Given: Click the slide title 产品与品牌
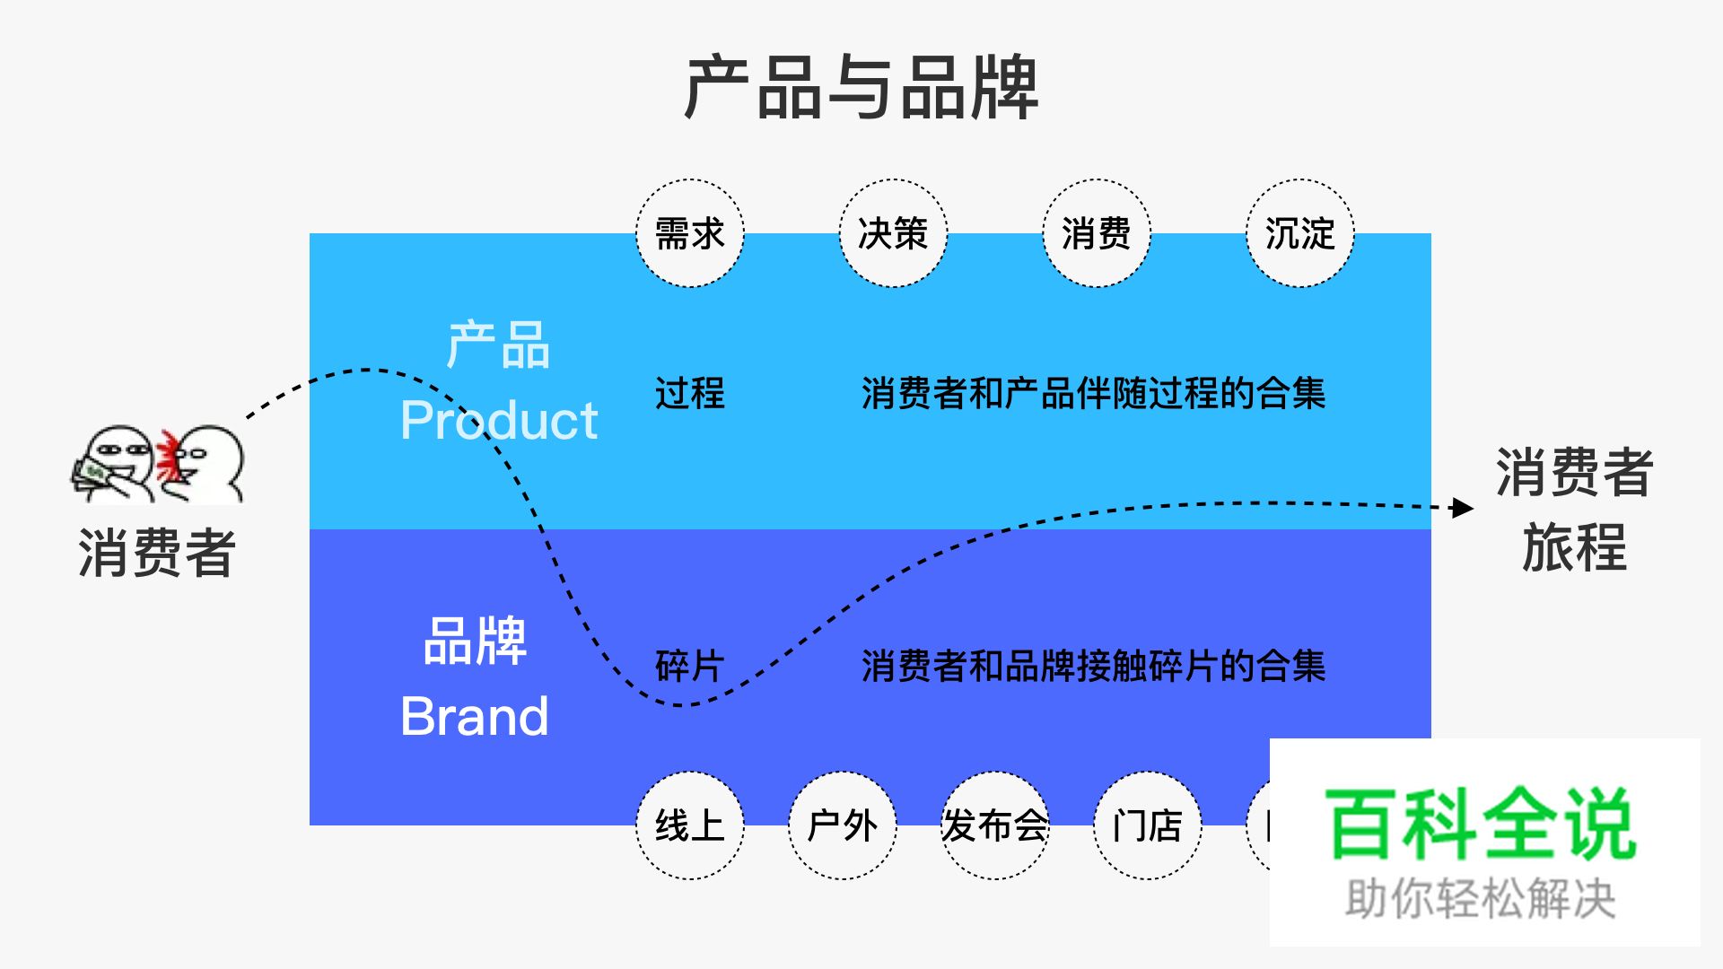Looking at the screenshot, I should pyautogui.click(x=861, y=88).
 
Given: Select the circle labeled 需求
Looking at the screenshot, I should pyautogui.click(x=689, y=233).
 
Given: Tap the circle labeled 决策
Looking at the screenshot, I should pyautogui.click(x=893, y=233).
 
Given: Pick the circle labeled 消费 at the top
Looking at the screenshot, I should pyautogui.click(x=1096, y=233).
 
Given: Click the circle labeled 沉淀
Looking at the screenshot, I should pyautogui.click(x=1299, y=233).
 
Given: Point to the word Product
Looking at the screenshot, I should pyautogui.click(x=499, y=420).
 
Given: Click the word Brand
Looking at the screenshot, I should pyautogui.click(x=474, y=716).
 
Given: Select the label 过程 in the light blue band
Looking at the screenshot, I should pyautogui.click(x=689, y=393).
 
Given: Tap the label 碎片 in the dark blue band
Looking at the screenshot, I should pyautogui.click(x=689, y=666).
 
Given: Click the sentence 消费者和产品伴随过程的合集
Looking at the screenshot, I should pyautogui.click(x=1093, y=393).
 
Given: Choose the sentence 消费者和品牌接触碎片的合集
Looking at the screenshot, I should pyautogui.click(x=1093, y=666).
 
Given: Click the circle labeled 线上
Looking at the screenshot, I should pyautogui.click(x=689, y=825).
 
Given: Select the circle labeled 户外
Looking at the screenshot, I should pyautogui.click(x=842, y=825).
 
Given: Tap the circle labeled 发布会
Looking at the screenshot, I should pyautogui.click(x=994, y=825).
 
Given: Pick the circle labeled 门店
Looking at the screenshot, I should pyautogui.click(x=1147, y=825).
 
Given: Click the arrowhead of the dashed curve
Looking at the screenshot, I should pyautogui.click(x=1463, y=508).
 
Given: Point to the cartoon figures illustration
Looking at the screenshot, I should pyautogui.click(x=158, y=463).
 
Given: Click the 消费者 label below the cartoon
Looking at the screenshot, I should pyautogui.click(x=157, y=553).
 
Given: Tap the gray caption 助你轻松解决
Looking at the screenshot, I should pyautogui.click(x=1481, y=899).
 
